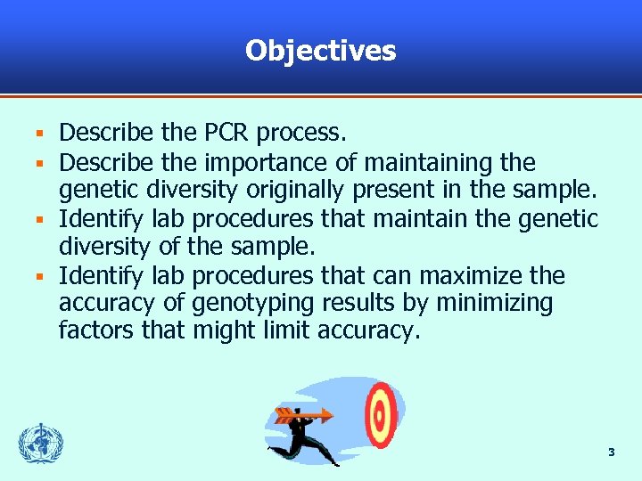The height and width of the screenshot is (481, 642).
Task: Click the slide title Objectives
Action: point(321,50)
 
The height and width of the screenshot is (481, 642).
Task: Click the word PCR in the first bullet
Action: point(227,134)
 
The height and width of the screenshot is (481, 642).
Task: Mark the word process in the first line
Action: point(300,134)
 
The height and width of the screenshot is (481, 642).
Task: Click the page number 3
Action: point(611,452)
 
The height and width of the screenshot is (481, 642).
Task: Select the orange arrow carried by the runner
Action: point(303,414)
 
